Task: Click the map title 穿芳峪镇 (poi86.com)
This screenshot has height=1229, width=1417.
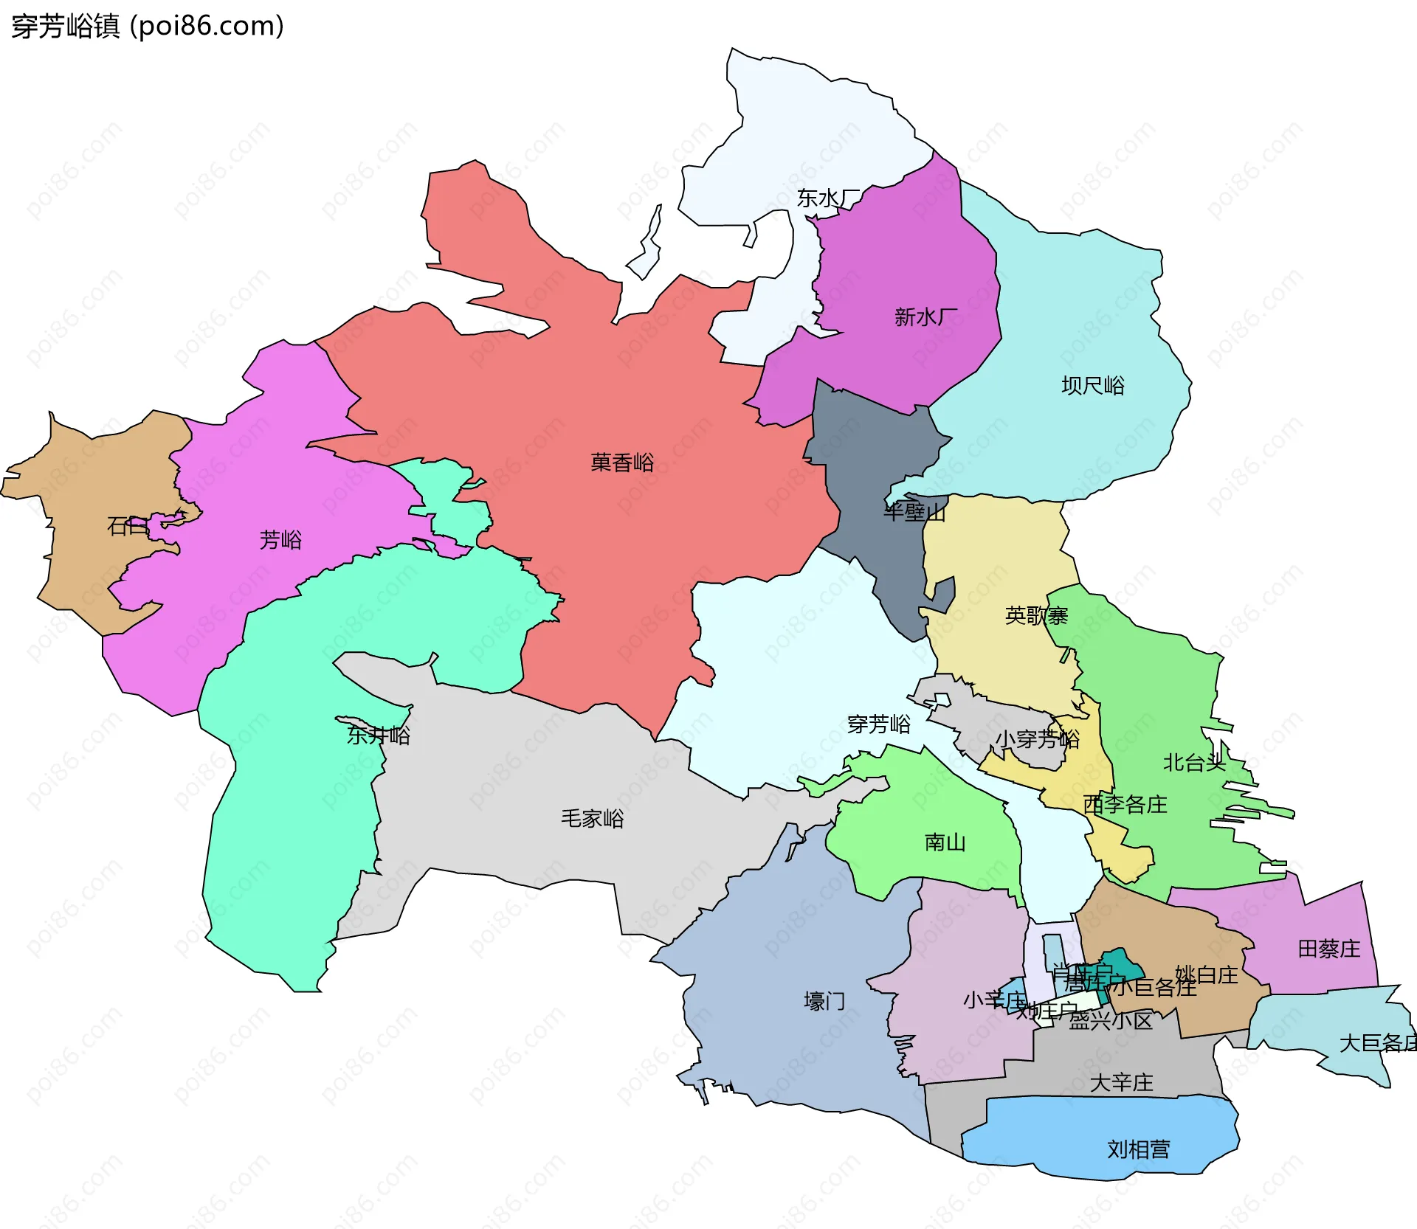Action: tap(148, 27)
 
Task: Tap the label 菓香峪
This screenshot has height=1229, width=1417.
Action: tap(622, 463)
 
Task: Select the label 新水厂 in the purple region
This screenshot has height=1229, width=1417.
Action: tap(925, 317)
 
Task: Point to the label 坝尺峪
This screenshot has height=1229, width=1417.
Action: tap(1093, 386)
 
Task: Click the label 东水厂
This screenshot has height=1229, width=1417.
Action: tap(828, 198)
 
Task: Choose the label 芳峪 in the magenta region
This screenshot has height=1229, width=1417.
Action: tap(280, 540)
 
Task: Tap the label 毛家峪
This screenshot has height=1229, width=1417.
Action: tap(592, 819)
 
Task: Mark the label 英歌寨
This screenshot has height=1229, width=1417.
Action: tap(1036, 616)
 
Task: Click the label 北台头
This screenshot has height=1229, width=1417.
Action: tap(1194, 763)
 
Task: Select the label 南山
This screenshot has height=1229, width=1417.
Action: tap(945, 842)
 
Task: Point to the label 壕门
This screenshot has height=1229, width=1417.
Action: tap(824, 1002)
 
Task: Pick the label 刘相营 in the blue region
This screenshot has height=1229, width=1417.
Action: tap(1138, 1149)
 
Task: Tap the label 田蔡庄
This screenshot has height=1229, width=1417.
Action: tap(1328, 949)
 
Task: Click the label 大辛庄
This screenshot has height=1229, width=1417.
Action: tap(1121, 1083)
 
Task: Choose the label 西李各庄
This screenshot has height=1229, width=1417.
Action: tap(1125, 804)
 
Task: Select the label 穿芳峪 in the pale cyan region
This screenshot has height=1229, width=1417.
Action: tap(878, 724)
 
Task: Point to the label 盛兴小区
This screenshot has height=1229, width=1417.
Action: tap(1111, 1021)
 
